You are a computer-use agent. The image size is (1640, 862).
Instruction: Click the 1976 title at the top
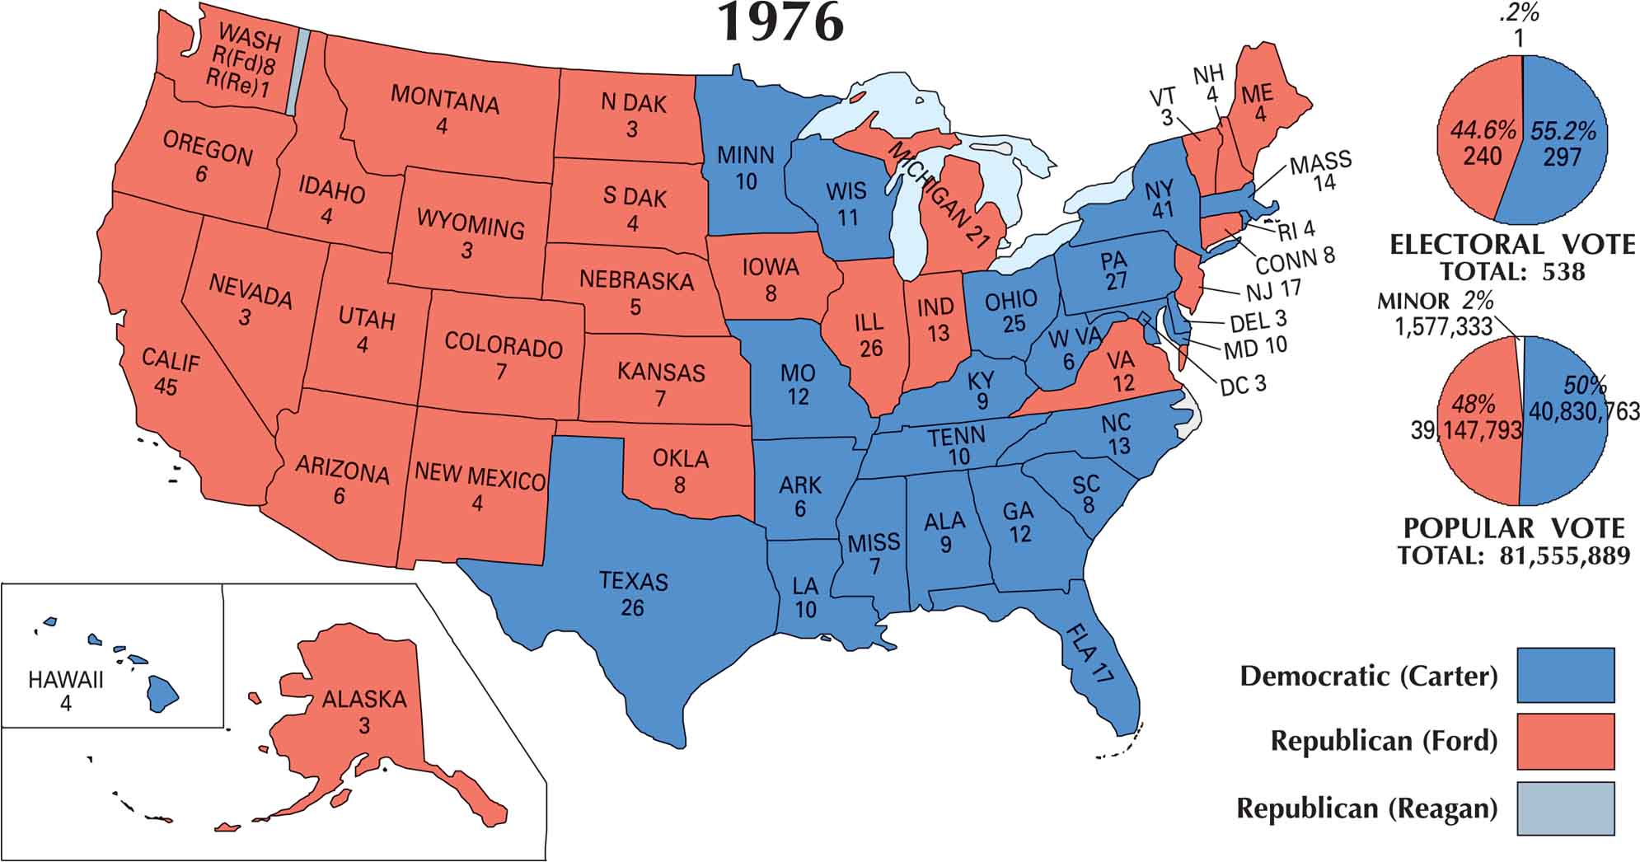click(x=781, y=23)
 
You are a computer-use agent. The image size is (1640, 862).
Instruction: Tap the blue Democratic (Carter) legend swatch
click(x=1565, y=675)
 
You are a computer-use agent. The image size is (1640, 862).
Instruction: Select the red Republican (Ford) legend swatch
click(x=1565, y=742)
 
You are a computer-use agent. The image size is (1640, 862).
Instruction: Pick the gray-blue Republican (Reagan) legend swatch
click(x=1565, y=808)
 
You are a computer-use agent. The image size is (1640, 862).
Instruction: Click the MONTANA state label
click(x=444, y=99)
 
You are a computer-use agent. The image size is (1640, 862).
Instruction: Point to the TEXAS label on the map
click(x=633, y=581)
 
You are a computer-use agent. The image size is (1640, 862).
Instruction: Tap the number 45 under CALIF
click(x=166, y=386)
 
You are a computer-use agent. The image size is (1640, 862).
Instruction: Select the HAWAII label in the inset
click(x=66, y=681)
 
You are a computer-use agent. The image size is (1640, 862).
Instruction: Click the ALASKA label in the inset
click(x=363, y=700)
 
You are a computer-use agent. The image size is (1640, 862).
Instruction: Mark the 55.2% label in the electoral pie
click(x=1563, y=131)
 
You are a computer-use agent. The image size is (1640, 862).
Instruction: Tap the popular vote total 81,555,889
click(x=1564, y=555)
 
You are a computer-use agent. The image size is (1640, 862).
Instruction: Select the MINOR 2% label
click(x=1435, y=302)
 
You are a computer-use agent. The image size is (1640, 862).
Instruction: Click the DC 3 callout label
click(x=1242, y=385)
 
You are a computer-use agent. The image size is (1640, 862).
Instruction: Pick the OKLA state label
click(x=681, y=458)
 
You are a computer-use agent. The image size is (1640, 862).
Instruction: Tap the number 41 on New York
click(x=1162, y=210)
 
